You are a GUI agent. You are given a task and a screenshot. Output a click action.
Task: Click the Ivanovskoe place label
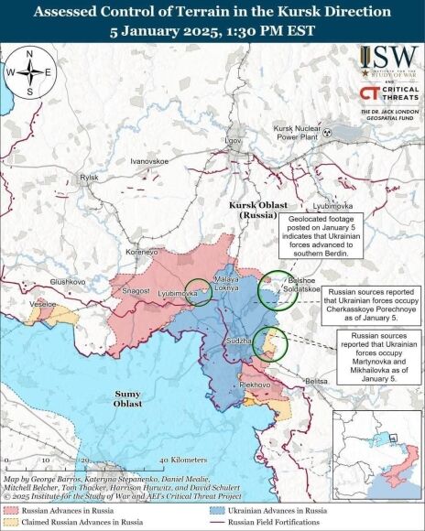coord(151,161)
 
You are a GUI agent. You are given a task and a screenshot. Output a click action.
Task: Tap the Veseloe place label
coord(42,302)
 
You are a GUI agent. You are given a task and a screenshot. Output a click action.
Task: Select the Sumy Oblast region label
coord(129,396)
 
